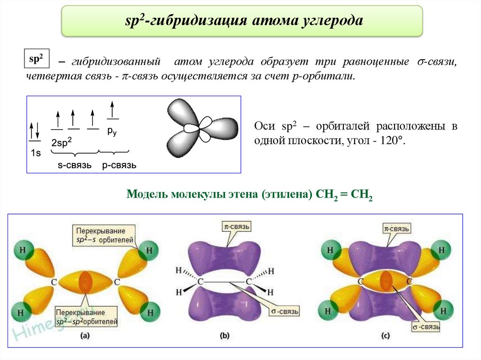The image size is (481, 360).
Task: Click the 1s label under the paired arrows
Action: [36, 153]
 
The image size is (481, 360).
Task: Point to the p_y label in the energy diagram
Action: [112, 132]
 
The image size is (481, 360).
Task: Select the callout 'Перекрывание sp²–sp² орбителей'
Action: [86, 317]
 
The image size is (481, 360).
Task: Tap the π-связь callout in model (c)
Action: [396, 229]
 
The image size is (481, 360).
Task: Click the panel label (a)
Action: [85, 336]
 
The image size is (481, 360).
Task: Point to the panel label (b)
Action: [225, 336]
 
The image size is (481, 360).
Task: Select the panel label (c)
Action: [385, 336]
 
